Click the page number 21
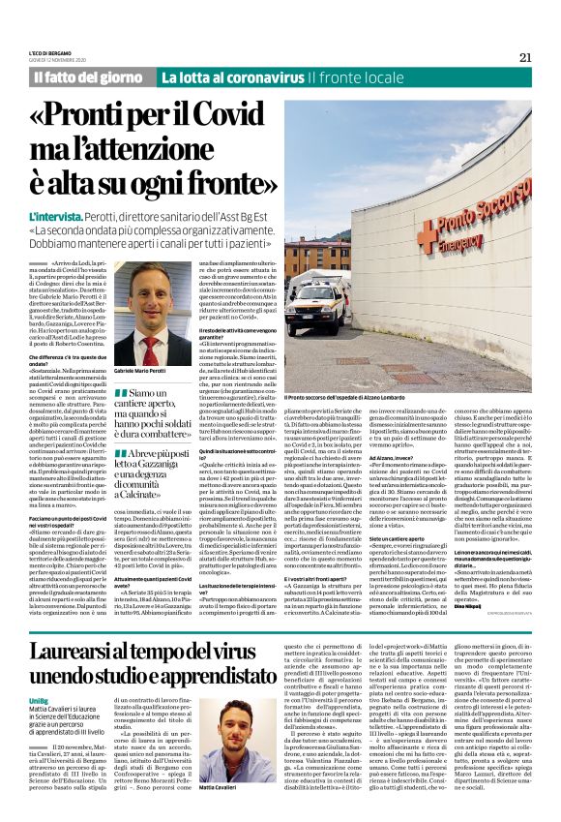coord(525,57)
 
